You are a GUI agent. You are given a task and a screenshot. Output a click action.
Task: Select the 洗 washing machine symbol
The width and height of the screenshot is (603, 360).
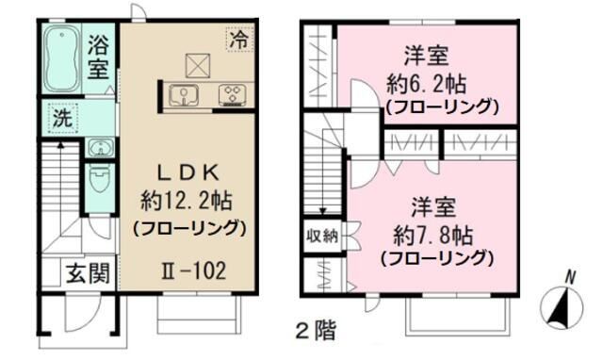tap(61, 120)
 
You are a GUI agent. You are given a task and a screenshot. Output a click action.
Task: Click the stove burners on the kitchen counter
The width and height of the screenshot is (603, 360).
tap(231, 93)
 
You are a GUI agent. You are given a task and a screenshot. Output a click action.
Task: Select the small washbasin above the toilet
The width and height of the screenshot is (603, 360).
tap(99, 147)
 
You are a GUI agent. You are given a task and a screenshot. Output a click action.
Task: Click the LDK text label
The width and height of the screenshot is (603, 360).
tap(187, 172)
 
